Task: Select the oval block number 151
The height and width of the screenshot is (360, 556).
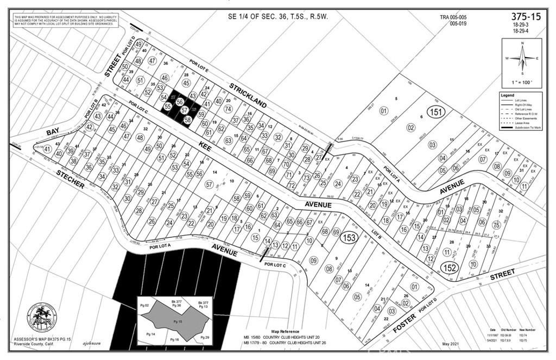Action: click(435, 112)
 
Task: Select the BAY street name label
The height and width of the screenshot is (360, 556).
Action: click(52, 132)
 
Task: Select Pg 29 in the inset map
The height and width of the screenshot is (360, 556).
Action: click(205, 338)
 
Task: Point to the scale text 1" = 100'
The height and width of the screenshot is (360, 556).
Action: click(521, 82)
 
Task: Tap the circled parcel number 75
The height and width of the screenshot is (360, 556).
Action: click(496, 225)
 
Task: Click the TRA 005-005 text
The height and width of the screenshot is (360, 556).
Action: click(453, 17)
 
